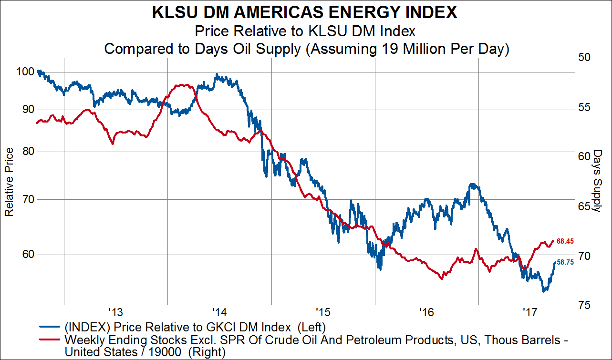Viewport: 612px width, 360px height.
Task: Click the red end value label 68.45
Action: pos(565,242)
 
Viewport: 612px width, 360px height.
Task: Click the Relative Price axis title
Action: pos(9,182)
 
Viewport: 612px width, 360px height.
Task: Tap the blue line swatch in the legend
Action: pos(50,327)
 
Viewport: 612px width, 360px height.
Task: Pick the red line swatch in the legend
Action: pos(50,340)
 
